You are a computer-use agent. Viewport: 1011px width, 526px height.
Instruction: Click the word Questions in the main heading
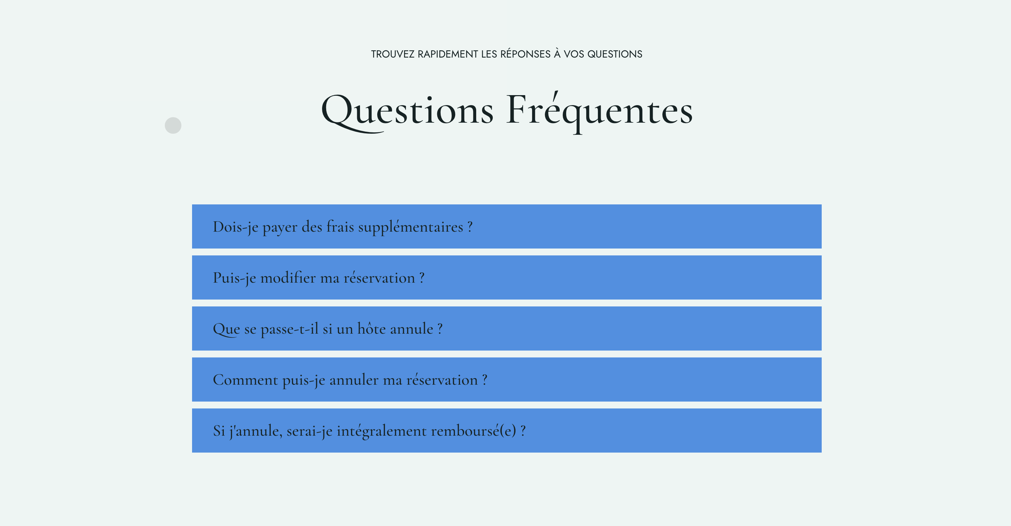coord(407,111)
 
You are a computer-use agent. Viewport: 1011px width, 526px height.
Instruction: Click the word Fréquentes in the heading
coord(599,111)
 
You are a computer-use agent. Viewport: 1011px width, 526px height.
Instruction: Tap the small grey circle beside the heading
coord(173,125)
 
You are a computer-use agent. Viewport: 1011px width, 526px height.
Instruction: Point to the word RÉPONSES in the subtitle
coord(525,54)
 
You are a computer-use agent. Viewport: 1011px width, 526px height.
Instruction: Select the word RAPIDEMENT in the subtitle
coord(448,54)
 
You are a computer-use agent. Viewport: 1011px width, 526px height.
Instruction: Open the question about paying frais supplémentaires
coord(506,226)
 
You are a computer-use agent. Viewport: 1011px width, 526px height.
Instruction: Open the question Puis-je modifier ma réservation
coord(506,277)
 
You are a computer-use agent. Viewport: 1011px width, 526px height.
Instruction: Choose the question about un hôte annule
coord(506,328)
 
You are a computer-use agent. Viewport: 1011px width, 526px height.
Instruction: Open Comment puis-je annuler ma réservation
coord(506,379)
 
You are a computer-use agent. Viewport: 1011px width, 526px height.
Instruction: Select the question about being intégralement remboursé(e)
coord(506,430)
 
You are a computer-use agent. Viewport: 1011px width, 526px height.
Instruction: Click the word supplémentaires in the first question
coord(411,227)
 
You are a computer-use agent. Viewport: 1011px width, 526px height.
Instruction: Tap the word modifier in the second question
coord(288,278)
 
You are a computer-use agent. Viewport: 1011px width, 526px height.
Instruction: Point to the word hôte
coord(371,329)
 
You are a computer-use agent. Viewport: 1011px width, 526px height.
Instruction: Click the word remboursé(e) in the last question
coord(474,431)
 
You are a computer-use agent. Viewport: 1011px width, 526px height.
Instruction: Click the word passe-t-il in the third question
coord(289,329)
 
